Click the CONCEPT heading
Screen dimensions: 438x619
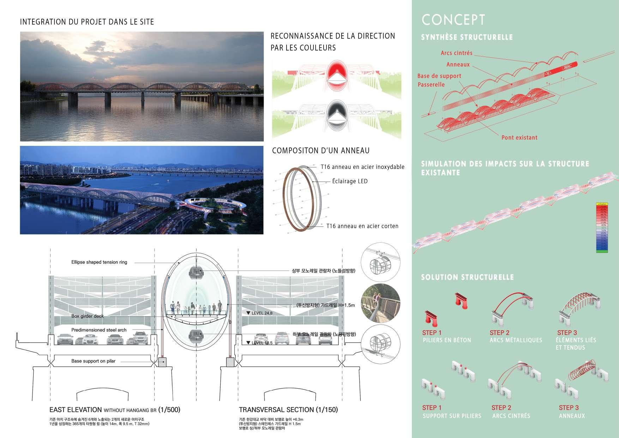pyautogui.click(x=453, y=20)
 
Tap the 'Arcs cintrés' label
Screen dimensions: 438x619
pyautogui.click(x=456, y=53)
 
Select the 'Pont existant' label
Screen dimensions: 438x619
pyautogui.click(x=519, y=137)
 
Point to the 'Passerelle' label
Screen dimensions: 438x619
pyautogui.click(x=431, y=84)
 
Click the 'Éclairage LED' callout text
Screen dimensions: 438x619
pyautogui.click(x=350, y=181)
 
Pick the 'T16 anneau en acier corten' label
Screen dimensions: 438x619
pyautogui.click(x=362, y=226)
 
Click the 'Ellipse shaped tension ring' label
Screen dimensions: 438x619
pyautogui.click(x=99, y=262)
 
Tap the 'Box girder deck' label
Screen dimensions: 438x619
pyautogui.click(x=88, y=316)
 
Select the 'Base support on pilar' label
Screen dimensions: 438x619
pyautogui.click(x=93, y=361)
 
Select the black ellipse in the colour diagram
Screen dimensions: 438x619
pyautogui.click(x=337, y=113)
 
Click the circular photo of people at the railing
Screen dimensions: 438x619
pyautogui.click(x=380, y=303)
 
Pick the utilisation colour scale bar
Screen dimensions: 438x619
pyautogui.click(x=602, y=228)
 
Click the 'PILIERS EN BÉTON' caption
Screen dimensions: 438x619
pyautogui.click(x=447, y=340)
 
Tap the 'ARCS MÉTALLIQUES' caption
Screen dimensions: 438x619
pyautogui.click(x=516, y=340)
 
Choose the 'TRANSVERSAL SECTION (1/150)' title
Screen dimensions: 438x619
pyautogui.click(x=288, y=410)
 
